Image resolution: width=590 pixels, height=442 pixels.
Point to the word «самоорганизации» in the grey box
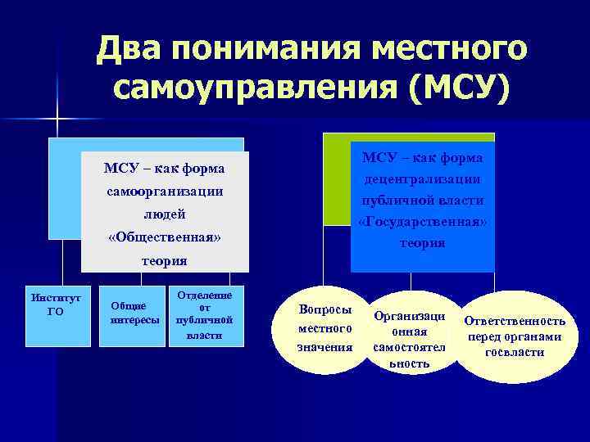pos(164,191)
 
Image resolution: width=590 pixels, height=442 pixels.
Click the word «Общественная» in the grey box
pos(164,237)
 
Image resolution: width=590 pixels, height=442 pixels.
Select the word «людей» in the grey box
pos(164,214)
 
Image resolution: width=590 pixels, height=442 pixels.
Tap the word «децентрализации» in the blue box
pos(423,178)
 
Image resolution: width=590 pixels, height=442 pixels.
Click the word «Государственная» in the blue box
pos(423,222)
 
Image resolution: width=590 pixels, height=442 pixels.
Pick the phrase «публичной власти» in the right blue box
pos(423,200)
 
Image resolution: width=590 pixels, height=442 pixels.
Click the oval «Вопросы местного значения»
pos(324,329)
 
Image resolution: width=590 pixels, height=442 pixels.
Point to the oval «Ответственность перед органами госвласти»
pos(514,336)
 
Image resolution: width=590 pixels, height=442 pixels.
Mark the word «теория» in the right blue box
pos(423,243)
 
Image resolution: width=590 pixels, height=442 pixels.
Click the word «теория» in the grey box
pos(164,261)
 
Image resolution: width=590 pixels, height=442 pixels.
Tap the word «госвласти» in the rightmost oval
pos(515,352)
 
